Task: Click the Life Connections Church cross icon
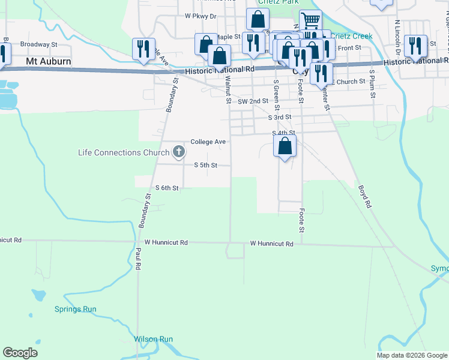178,152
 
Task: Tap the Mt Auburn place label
49,61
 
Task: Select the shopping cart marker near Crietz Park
310,22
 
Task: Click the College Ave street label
208,142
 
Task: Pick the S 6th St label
167,188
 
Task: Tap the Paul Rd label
138,258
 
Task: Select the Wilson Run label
154,339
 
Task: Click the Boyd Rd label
365,196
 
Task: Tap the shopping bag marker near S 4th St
285,146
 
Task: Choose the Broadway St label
38,44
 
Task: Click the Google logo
20,353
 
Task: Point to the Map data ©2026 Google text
411,355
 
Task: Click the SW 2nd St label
252,101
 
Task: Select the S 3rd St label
280,117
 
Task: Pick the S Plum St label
372,84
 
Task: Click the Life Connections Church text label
124,152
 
